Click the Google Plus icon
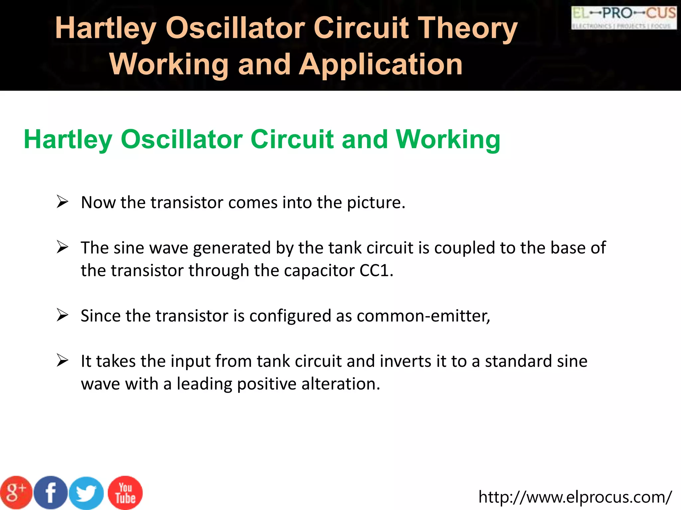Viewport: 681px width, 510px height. [x=16, y=493]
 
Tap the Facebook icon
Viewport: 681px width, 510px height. [x=51, y=493]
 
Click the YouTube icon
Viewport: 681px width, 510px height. [x=125, y=493]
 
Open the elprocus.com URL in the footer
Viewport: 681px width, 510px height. [x=575, y=497]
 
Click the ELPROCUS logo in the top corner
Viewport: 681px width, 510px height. [x=624, y=18]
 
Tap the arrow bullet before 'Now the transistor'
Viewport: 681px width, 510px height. [x=63, y=202]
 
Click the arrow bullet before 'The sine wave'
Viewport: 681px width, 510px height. [x=63, y=247]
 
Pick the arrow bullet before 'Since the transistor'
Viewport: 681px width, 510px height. [x=63, y=315]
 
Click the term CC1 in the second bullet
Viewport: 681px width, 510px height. [x=376, y=270]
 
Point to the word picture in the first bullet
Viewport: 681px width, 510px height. [x=376, y=203]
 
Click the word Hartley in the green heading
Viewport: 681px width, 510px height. [x=68, y=139]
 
